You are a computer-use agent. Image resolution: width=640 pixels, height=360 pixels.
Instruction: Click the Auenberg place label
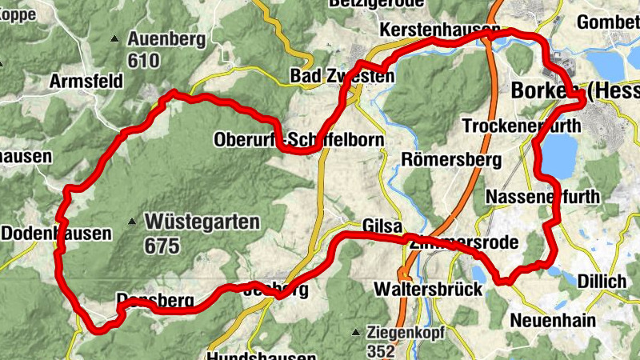tap(166, 38)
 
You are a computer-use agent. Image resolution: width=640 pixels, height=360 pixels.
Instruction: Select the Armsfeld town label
tap(86, 82)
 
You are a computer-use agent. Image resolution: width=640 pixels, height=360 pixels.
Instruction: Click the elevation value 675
tap(162, 246)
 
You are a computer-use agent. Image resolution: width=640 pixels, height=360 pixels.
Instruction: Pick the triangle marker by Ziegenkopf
tap(355, 331)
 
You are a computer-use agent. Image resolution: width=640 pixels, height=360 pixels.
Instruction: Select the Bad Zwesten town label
tap(342, 77)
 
